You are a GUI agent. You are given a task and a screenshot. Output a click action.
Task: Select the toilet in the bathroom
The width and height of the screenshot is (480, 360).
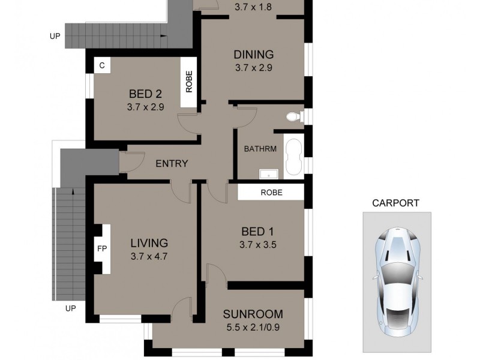293,116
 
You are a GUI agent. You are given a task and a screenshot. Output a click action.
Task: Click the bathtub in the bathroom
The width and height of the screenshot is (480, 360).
293,157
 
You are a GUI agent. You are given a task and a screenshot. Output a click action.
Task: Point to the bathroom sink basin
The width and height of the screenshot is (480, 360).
269,174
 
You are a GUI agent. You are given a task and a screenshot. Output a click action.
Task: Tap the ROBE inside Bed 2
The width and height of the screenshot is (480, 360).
189,82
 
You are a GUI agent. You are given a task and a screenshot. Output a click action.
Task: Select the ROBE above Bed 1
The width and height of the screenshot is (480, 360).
271,193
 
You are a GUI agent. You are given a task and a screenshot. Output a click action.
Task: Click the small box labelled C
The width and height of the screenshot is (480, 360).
102,66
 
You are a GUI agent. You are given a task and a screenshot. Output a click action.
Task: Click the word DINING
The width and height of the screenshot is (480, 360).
253,55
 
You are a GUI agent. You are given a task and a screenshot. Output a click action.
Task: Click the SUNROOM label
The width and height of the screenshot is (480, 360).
253,314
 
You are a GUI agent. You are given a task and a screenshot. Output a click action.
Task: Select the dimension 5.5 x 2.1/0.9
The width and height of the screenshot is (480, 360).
253,328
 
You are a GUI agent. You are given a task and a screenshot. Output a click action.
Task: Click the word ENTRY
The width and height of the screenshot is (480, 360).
172,163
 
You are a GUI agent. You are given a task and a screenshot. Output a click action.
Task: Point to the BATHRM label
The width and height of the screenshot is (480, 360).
260,148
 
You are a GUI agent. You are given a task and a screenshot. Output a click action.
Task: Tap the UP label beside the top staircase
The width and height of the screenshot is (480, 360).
55,37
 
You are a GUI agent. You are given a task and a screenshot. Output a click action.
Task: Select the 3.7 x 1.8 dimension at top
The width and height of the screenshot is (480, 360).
253,7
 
